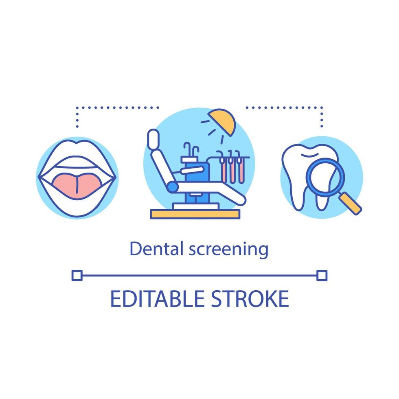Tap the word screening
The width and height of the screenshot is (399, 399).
228,249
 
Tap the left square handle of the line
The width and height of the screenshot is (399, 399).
76,275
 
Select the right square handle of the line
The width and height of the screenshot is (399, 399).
322,275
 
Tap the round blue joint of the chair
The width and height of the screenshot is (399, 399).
173,187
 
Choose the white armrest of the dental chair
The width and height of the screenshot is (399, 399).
192,169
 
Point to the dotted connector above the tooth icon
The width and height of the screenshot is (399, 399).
285,108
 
